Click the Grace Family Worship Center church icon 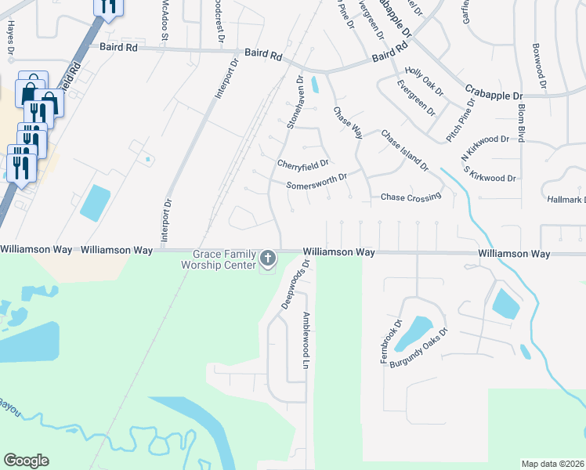[268, 258]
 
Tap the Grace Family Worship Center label [224, 260]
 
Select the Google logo [26, 461]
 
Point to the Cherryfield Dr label [301, 164]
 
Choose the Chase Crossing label [411, 197]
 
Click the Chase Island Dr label [405, 150]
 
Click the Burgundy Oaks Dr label [421, 343]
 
